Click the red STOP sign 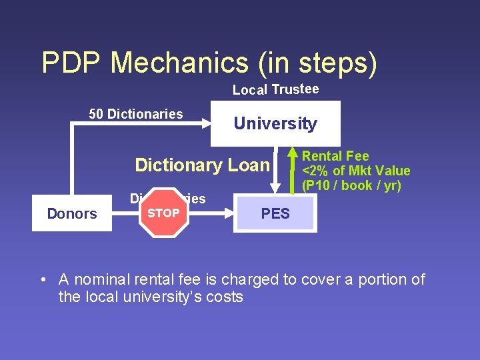(x=163, y=213)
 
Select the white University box (x=275, y=123)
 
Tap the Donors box (x=72, y=213)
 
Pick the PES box (x=275, y=213)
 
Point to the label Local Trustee (x=275, y=89)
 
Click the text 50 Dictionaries (x=136, y=114)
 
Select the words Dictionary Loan (x=202, y=165)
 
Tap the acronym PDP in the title (x=72, y=63)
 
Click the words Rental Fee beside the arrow (x=335, y=157)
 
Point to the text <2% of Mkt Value (x=356, y=171)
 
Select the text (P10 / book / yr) (x=351, y=186)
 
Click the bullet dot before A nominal (x=43, y=280)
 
